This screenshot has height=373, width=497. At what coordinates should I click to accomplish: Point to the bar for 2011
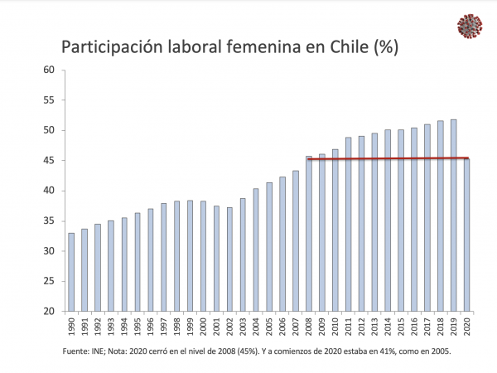[348, 224]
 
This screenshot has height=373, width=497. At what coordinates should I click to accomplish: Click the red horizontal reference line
[389, 158]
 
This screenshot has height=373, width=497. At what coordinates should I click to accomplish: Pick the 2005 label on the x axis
[269, 327]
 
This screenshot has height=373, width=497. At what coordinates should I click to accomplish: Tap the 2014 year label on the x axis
[388, 327]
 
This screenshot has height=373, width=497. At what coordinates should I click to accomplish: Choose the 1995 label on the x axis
[137, 327]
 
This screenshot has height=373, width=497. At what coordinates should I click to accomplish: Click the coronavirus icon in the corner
[470, 26]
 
